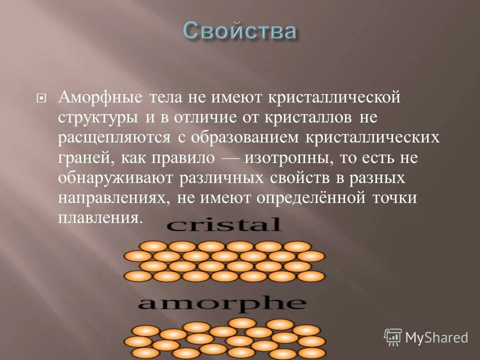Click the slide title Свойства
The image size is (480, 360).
coord(239,31)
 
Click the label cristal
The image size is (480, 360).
coord(223,224)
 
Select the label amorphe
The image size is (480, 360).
coord(221,303)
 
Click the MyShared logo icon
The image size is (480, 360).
coord(392,337)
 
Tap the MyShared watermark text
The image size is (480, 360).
coord(436,337)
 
